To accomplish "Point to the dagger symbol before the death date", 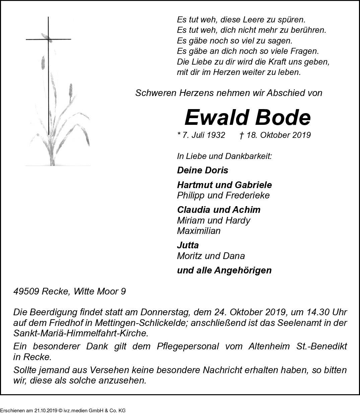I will tap(241, 135).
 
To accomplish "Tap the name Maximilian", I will tap(199, 231).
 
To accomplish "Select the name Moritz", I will tap(189, 256).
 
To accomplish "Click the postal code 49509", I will tap(26, 291).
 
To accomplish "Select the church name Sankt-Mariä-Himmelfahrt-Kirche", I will tap(80, 334).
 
